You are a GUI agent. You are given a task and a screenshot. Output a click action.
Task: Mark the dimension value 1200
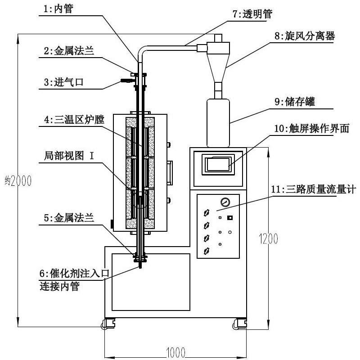click(x=266, y=239)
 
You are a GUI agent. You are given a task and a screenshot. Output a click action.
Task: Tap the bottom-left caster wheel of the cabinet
click(x=109, y=324)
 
